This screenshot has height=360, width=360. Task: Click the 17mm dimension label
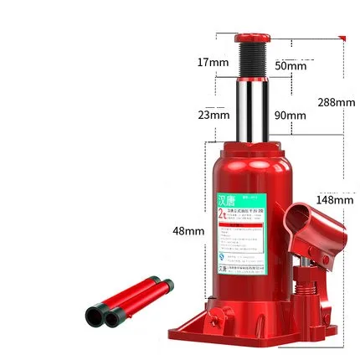(x=213, y=63)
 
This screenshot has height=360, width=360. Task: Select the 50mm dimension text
(x=291, y=65)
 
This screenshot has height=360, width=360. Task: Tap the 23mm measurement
(x=213, y=115)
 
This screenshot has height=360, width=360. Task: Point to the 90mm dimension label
(x=291, y=116)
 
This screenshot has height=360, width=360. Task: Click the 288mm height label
(x=336, y=102)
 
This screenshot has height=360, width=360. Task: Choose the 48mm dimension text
(x=188, y=230)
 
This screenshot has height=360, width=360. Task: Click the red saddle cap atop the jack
(x=251, y=38)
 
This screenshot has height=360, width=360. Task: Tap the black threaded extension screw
(x=251, y=59)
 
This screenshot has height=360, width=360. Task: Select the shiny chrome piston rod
(x=251, y=105)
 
